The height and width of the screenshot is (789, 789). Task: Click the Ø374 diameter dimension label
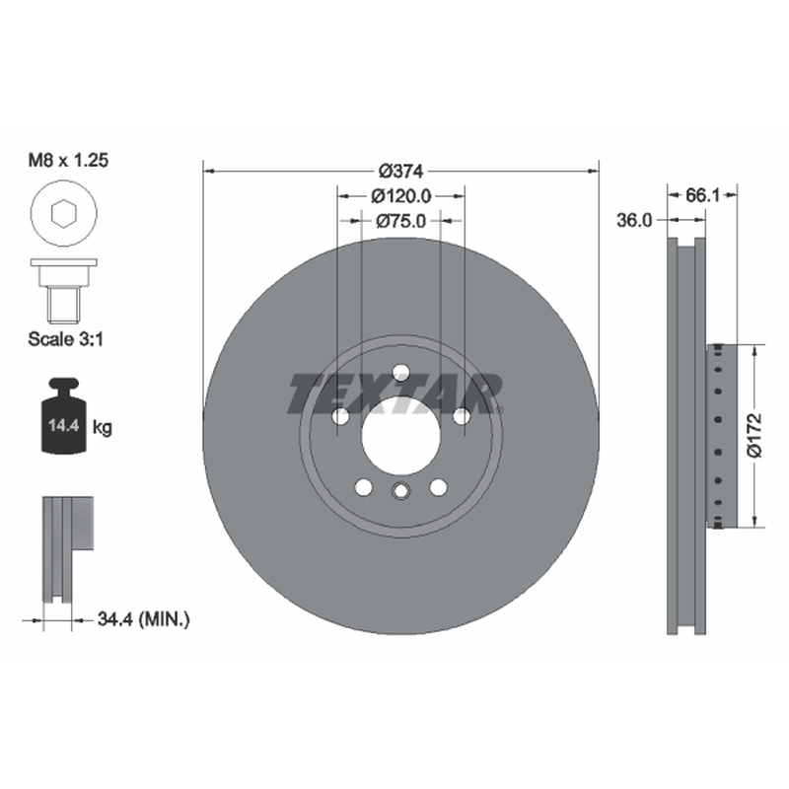[401, 172]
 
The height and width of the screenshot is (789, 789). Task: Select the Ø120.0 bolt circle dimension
[401, 195]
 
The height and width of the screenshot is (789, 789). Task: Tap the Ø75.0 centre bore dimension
[401, 220]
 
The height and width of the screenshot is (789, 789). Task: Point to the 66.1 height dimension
[702, 195]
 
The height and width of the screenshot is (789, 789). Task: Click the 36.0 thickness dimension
[634, 220]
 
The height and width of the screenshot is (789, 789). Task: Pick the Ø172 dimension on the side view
[754, 436]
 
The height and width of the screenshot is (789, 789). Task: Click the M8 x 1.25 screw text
[68, 160]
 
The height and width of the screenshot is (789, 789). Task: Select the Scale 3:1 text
[65, 339]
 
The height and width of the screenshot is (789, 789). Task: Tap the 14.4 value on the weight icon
[64, 426]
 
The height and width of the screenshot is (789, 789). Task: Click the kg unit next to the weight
[103, 428]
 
